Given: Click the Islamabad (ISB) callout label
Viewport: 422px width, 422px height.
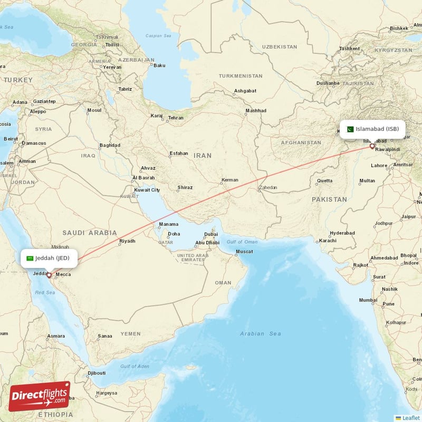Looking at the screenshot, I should pos(373,129).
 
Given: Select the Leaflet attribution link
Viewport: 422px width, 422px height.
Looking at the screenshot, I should pos(410,418).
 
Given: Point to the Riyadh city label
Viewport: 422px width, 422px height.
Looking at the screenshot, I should pos(127,241).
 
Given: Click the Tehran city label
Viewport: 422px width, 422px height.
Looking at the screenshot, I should pos(176,118).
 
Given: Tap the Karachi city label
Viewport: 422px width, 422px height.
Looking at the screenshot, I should pos(327,241).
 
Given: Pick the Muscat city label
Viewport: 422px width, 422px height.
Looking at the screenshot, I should pos(244,252).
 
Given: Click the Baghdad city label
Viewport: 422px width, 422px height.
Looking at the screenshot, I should pos(110,145).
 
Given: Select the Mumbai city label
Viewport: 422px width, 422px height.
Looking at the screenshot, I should pos(368,300).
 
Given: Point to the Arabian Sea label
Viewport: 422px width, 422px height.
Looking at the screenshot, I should pos(260,333).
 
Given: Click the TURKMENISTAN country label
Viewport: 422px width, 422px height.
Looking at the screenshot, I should pos(241,76).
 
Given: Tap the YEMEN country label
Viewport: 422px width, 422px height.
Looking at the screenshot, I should pos(130,333).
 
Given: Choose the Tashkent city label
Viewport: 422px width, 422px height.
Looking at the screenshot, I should pos(349,49).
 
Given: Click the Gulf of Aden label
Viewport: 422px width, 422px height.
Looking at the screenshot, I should pos(135,366).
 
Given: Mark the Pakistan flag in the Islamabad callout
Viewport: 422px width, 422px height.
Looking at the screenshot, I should pos(350,129).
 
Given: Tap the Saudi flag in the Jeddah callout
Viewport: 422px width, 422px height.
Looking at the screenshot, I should pos(30,258).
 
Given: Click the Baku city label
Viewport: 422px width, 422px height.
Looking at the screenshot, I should pos(159,65).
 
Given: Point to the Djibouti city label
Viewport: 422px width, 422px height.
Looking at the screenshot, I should pos(97,373).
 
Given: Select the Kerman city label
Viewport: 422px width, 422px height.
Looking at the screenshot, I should pos(229,180).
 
